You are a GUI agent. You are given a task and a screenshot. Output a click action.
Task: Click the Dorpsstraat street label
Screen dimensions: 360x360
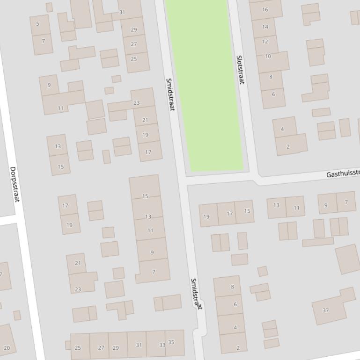click(x=15, y=184)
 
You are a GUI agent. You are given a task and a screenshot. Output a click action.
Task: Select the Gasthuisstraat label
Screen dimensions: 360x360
click(x=343, y=174)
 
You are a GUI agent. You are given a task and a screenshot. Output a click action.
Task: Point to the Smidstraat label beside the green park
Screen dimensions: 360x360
click(x=170, y=94)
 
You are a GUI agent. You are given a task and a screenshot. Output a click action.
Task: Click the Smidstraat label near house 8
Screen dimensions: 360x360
click(x=196, y=294)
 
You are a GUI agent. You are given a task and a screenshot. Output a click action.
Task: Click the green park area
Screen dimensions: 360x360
click(x=205, y=84)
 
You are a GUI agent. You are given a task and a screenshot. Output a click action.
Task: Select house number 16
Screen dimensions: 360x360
click(x=265, y=9)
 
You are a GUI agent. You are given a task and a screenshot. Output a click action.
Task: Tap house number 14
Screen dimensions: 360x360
click(x=265, y=27)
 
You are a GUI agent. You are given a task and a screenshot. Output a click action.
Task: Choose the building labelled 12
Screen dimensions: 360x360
click(x=265, y=42)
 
